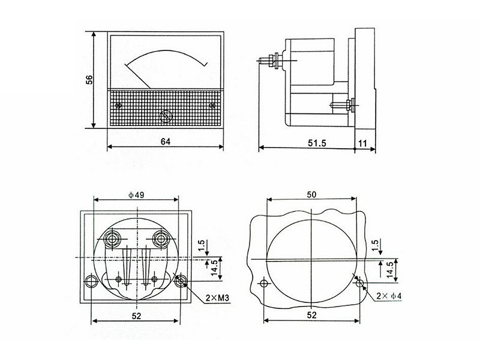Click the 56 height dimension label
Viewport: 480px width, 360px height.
pos(89,80)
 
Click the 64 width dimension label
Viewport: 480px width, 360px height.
pos(166,141)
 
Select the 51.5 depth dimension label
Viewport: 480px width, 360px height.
pos(317,143)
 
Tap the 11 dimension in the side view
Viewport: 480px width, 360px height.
pos(363,143)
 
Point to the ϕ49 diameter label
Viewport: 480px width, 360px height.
pos(136,194)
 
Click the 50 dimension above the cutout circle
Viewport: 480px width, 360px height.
pos(311,194)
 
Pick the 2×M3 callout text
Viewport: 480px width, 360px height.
pos(217,298)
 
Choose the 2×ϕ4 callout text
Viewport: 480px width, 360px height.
pos(389,296)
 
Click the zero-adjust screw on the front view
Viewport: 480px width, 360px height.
pos(166,116)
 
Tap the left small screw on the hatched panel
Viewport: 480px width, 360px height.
pos(118,106)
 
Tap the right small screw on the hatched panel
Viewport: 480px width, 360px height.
pos(212,106)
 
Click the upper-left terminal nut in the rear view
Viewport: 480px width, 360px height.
pos(112,238)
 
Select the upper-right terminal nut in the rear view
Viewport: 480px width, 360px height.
pos(161,238)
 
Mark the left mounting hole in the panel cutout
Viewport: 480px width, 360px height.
pos(263,283)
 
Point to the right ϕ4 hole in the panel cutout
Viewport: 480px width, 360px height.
pos(360,283)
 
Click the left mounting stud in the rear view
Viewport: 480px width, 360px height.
pos(91,281)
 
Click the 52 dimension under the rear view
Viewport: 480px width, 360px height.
pos(136,316)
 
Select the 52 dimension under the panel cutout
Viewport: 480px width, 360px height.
pos(311,315)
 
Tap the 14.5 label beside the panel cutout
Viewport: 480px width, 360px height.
pos(389,269)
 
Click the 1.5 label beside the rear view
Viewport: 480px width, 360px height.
pos(201,245)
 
